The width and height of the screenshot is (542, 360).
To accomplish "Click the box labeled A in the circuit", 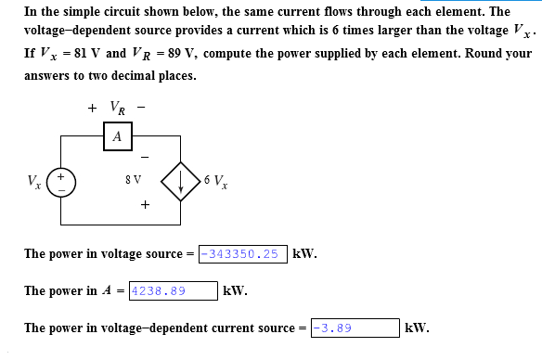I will click(x=116, y=136).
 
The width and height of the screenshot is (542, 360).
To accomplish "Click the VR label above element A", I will click(x=118, y=108).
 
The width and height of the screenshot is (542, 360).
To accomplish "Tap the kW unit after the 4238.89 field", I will click(x=236, y=290).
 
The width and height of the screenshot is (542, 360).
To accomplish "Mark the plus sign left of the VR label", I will click(x=92, y=108).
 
